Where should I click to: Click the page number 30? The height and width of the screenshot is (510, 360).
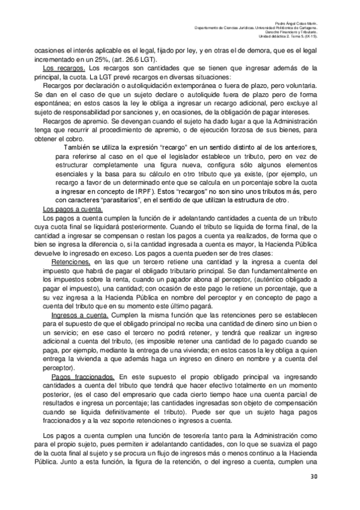pos(313,477)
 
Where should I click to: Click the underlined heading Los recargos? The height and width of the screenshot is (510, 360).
pos(62,70)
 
